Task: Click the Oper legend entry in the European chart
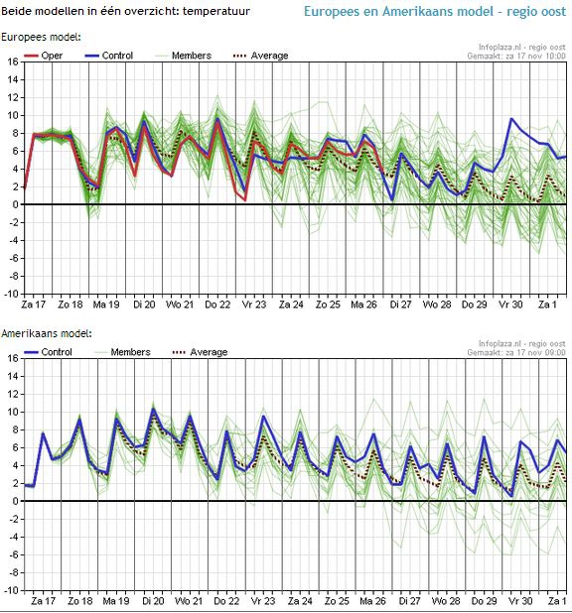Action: point(43,56)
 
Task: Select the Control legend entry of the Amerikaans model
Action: point(48,352)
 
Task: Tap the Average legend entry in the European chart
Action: point(261,56)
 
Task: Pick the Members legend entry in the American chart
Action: point(122,352)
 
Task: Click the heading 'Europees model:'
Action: point(41,37)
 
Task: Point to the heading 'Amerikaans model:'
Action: point(47,333)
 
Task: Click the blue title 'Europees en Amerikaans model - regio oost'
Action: point(435,11)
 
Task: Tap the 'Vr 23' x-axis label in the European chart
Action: point(253,305)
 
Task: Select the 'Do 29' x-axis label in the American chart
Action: point(484,600)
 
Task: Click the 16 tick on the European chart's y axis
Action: point(13,61)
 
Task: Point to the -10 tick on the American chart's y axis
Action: point(11,590)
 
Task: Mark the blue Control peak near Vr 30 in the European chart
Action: point(510,118)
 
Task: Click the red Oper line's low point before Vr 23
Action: point(245,200)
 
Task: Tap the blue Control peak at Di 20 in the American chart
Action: point(153,409)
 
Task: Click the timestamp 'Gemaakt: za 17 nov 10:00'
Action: point(516,56)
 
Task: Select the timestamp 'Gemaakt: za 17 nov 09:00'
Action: point(516,353)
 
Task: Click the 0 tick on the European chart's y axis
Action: point(15,205)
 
